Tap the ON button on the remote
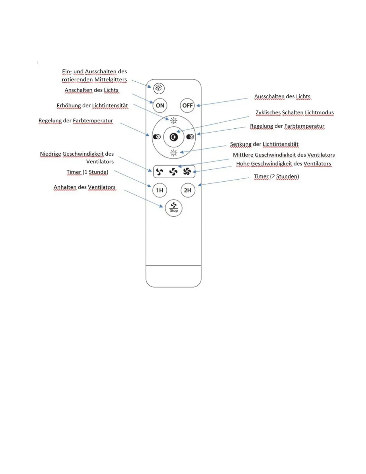pyautogui.click(x=160, y=105)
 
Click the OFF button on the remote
pyautogui.click(x=187, y=105)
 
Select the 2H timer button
pyautogui.click(x=187, y=190)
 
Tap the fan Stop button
pyautogui.click(x=174, y=208)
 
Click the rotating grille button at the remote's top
pyautogui.click(x=159, y=88)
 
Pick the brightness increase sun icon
pyautogui.click(x=174, y=121)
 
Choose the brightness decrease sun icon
pyautogui.click(x=174, y=153)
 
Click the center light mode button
pyautogui.click(x=174, y=137)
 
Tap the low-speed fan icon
pyautogui.click(x=160, y=172)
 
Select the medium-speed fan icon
pyautogui.click(x=173, y=172)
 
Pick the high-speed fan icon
pyautogui.click(x=187, y=171)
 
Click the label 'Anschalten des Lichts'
pyautogui.click(x=91, y=90)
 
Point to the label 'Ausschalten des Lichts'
pyautogui.click(x=282, y=96)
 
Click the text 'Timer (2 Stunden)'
pyautogui.click(x=276, y=176)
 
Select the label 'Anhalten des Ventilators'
pyautogui.click(x=85, y=187)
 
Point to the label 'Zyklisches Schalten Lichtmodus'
pyautogui.click(x=295, y=113)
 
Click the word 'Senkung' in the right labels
pyautogui.click(x=241, y=144)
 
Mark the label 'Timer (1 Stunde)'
pyautogui.click(x=87, y=172)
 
